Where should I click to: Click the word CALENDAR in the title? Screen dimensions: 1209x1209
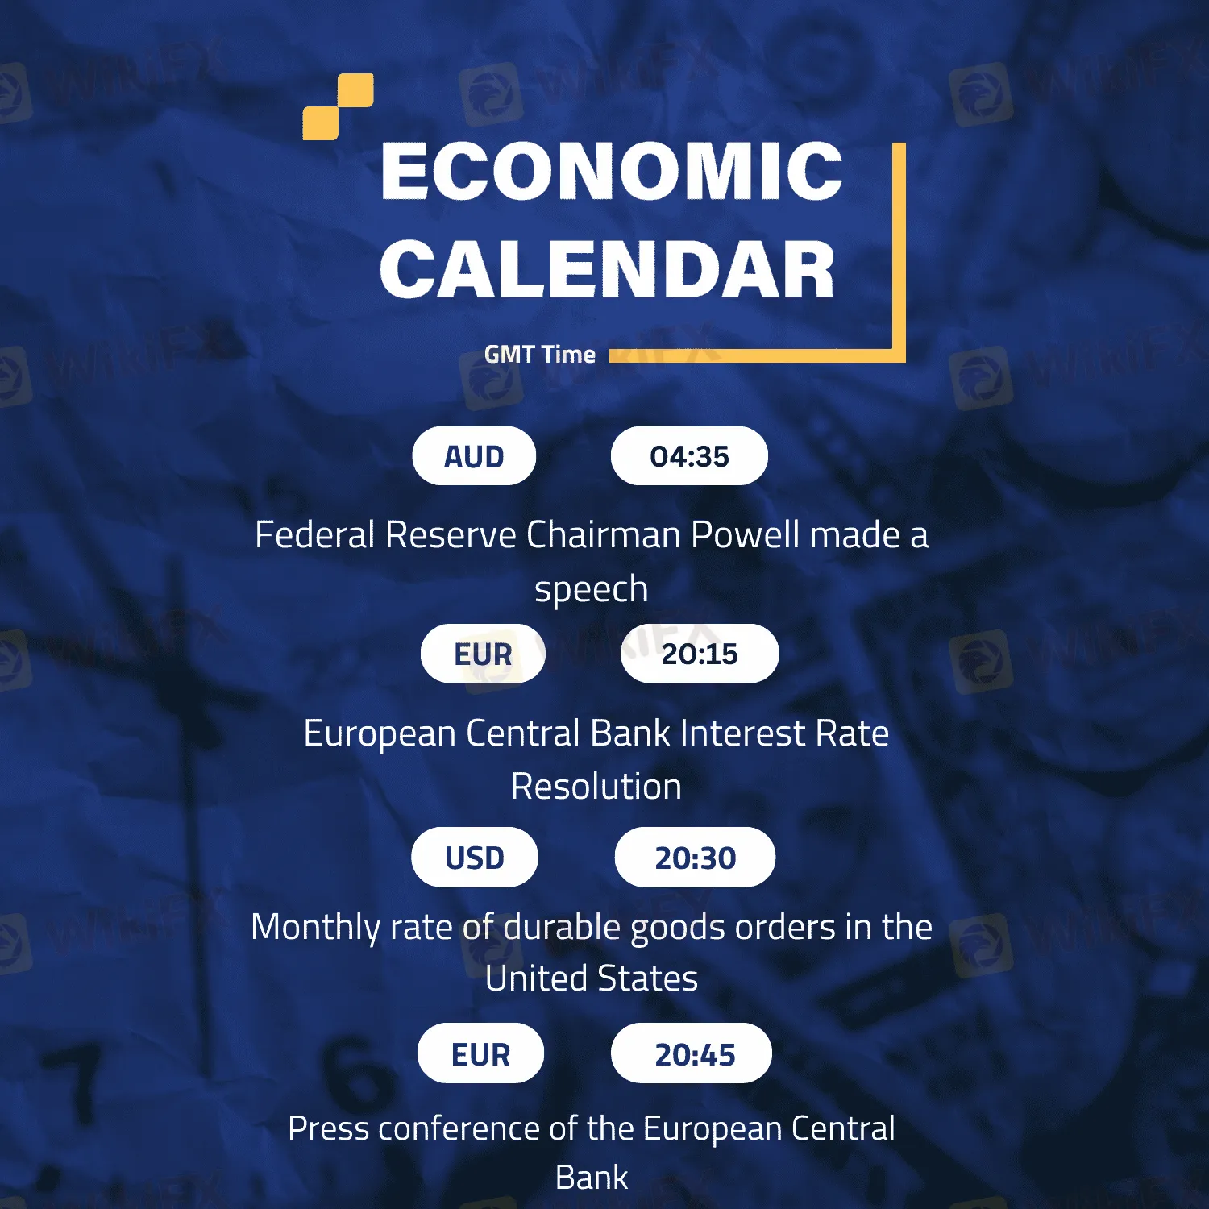click(607, 269)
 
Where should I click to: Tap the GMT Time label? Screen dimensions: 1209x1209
click(540, 354)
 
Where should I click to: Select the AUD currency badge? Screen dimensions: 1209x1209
click(474, 456)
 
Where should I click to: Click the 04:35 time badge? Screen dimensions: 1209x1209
click(689, 456)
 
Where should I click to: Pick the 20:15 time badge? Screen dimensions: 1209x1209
click(700, 654)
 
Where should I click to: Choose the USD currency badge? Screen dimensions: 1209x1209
click(475, 858)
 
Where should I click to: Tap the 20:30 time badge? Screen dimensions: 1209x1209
click(695, 858)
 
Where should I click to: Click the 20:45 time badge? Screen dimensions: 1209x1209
click(692, 1053)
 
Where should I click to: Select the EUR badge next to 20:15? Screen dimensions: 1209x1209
click(483, 654)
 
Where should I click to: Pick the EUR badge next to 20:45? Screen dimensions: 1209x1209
click(480, 1053)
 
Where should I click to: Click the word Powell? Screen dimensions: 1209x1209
click(746, 535)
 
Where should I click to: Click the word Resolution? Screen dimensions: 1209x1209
click(596, 787)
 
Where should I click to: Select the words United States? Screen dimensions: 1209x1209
click(592, 978)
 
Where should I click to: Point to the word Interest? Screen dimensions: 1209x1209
click(742, 733)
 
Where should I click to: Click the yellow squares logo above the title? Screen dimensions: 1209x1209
click(338, 106)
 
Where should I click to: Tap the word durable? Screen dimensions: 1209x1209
click(562, 927)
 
